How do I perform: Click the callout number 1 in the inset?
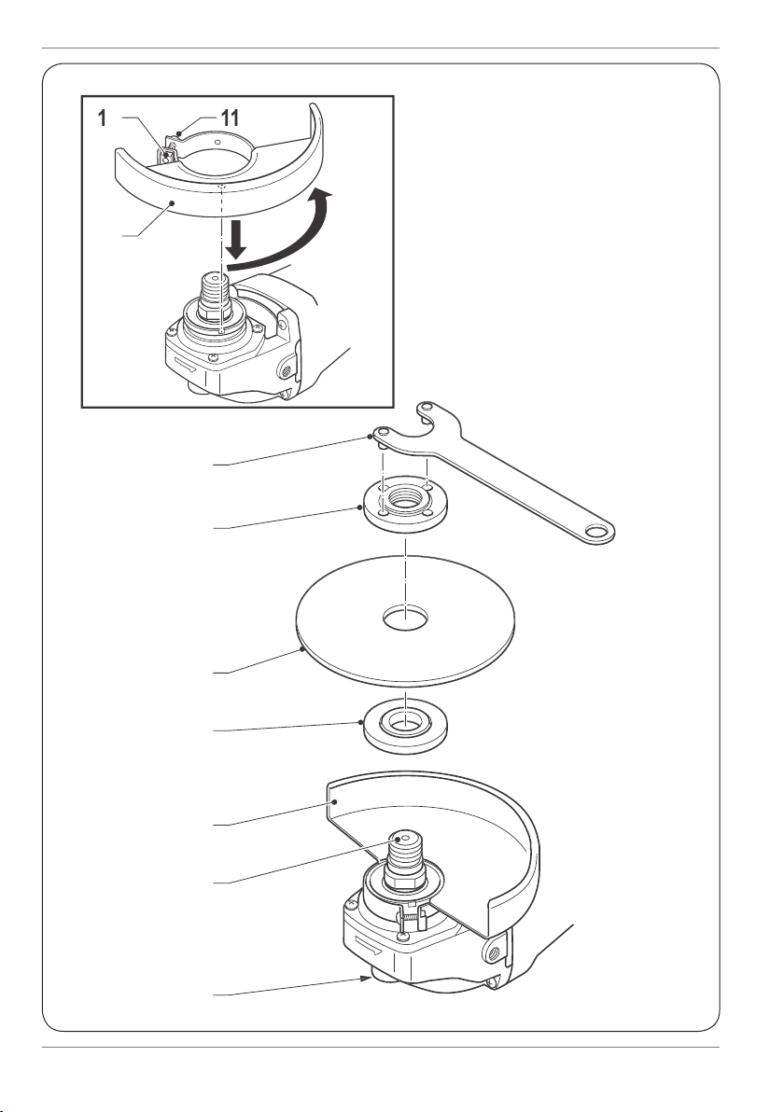click(102, 118)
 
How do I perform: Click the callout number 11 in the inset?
click(230, 118)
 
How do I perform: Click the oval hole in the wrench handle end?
click(599, 531)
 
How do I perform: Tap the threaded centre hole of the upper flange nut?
click(404, 497)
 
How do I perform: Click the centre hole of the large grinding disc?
click(404, 618)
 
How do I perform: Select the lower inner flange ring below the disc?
click(405, 727)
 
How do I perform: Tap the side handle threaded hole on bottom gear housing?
click(493, 953)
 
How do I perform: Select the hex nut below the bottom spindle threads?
click(404, 882)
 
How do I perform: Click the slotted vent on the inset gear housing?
click(188, 362)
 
